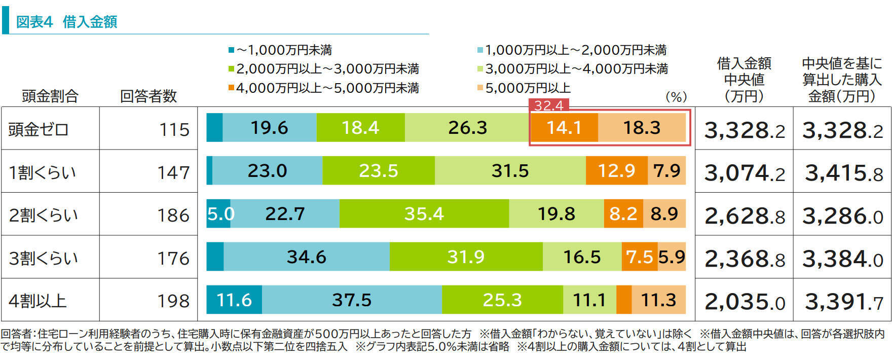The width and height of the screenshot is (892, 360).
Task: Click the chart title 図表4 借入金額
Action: point(66,22)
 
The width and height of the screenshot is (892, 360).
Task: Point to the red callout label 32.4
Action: point(549,105)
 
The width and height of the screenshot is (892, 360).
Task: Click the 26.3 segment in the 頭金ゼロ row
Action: point(467,128)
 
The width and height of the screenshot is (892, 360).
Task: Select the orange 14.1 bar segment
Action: point(564,128)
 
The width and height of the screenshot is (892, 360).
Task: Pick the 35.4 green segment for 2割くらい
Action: point(424,213)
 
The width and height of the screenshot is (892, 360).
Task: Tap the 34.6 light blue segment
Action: point(306,257)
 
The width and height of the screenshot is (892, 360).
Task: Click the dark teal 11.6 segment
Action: point(234,300)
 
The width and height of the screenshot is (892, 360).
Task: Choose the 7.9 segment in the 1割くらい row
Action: point(666,171)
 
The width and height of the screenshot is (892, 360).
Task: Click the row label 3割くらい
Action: point(43,258)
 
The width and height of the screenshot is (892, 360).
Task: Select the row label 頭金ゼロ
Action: point(38,129)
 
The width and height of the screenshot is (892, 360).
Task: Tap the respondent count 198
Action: point(173,301)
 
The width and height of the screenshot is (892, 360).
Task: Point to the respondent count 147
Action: point(173,172)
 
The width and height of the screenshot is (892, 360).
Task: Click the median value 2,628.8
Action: point(744,217)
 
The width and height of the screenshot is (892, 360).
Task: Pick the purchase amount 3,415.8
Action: point(843,173)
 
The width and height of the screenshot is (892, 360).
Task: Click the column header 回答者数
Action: point(148,96)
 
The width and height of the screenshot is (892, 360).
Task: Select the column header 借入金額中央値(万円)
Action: point(744,80)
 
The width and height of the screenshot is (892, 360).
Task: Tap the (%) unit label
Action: point(676,96)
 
